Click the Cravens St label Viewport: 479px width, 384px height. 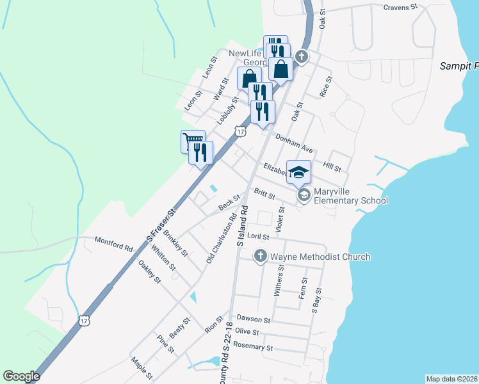[400, 7]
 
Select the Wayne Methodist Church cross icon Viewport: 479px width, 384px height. [260, 257]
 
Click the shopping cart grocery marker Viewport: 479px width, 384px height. [192, 140]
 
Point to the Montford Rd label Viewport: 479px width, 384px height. [113, 243]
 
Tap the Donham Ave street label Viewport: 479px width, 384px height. [293, 143]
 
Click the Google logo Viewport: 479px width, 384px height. [21, 376]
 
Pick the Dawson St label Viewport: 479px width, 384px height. [254, 318]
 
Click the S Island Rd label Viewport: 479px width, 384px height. [242, 225]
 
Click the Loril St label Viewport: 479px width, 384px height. [258, 236]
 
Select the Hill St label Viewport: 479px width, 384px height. [332, 166]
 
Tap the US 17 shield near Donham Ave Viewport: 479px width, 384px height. [240, 131]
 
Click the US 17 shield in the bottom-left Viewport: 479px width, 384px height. [84, 320]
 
